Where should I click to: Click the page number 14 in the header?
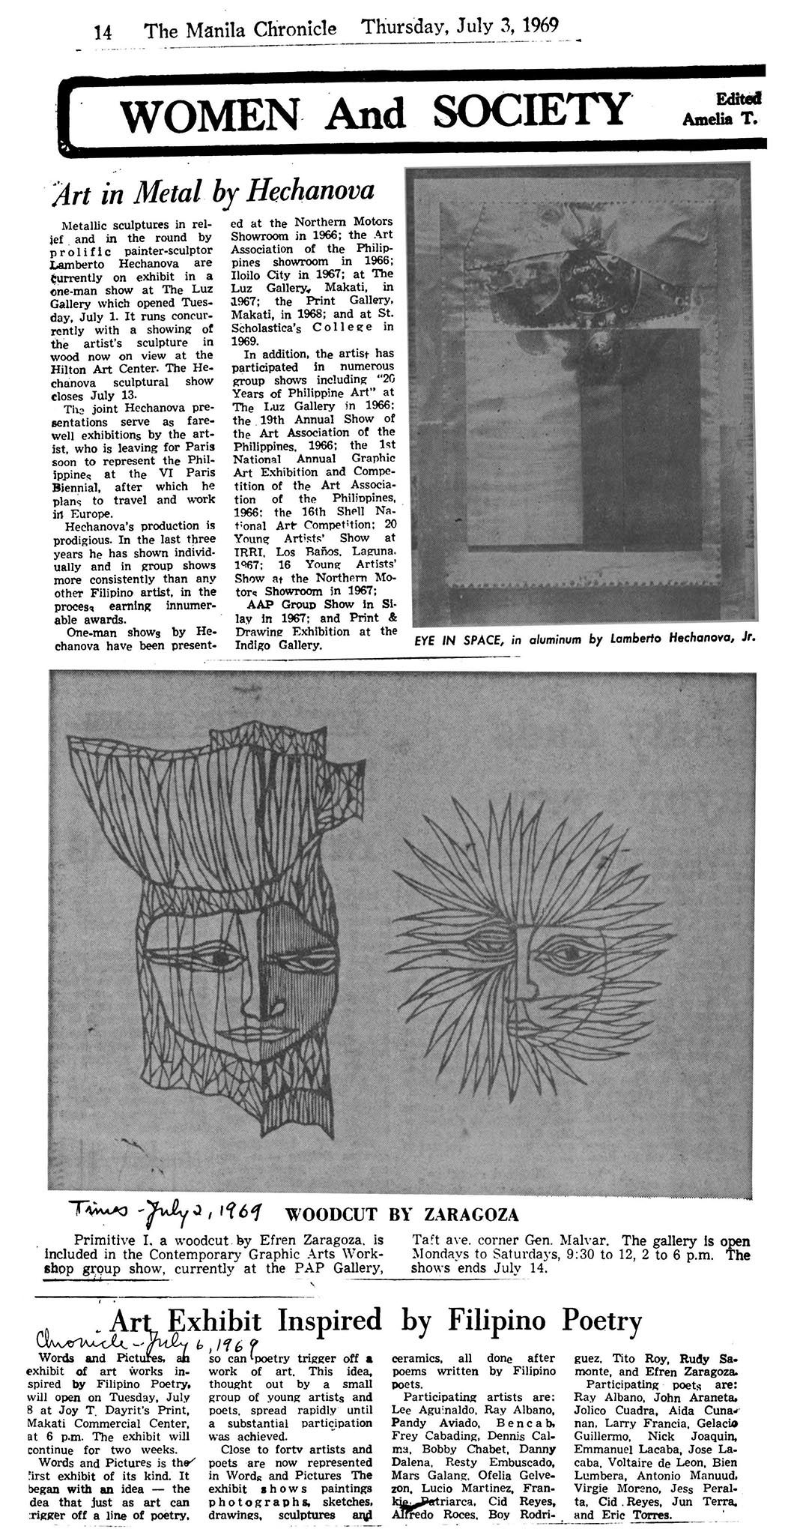coord(103,32)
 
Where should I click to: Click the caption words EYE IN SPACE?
coord(458,641)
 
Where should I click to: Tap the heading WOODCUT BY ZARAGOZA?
coord(401,1214)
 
